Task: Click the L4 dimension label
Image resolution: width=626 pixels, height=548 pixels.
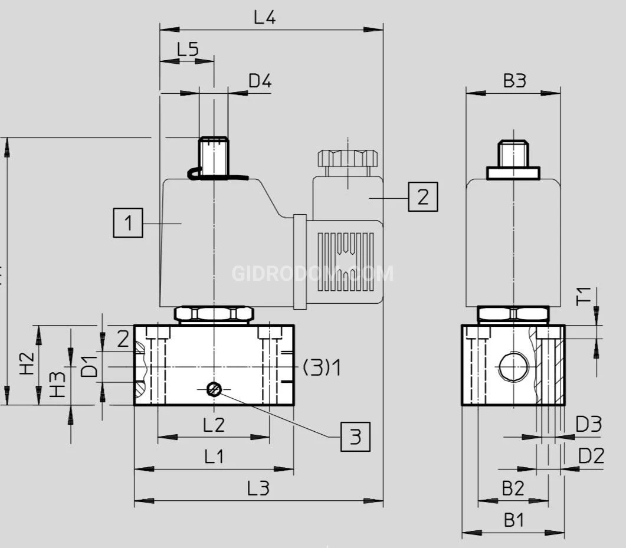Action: coord(265,17)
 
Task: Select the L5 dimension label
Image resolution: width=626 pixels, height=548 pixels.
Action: coord(188,48)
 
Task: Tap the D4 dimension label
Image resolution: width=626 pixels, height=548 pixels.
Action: coord(260,81)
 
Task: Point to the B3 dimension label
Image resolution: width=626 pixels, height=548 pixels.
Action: coord(514,81)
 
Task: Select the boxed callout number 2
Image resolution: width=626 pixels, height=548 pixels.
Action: coord(423,196)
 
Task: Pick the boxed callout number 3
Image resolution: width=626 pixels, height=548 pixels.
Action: coord(355,437)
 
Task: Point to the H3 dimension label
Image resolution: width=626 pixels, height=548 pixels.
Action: coord(57,384)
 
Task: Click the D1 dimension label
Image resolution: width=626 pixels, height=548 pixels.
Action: coord(89,366)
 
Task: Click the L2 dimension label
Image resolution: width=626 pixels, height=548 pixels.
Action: coord(214,424)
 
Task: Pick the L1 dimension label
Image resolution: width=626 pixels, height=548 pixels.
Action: coord(214,456)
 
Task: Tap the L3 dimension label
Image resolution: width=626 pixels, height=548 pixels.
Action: coord(258,488)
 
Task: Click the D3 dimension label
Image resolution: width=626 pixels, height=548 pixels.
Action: coord(589,424)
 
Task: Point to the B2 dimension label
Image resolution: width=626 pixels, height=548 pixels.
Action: coord(513,488)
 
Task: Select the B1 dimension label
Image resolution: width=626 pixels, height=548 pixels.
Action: coord(513,520)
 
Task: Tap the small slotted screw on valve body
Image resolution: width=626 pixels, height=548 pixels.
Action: coord(214,389)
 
